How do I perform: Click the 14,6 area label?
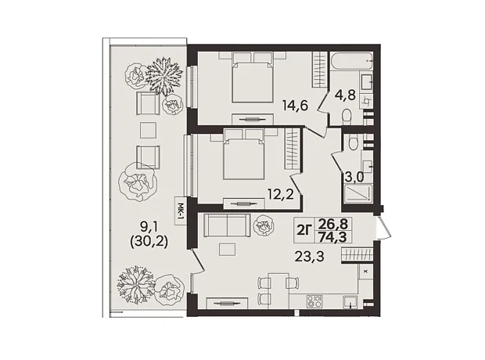click(x=295, y=106)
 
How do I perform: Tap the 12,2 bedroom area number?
click(x=281, y=195)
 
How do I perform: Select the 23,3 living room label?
click(x=309, y=256)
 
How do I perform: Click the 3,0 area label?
click(x=354, y=178)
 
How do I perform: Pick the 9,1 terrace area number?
click(x=149, y=228)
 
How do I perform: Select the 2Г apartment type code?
click(x=304, y=230)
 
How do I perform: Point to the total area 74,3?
click(x=332, y=237)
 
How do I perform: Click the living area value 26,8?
click(x=332, y=224)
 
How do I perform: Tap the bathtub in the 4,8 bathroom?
click(x=351, y=62)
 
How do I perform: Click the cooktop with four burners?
click(x=315, y=302)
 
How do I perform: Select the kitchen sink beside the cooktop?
click(x=350, y=302)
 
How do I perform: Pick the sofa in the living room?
click(x=227, y=225)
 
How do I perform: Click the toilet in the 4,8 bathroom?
click(x=347, y=117)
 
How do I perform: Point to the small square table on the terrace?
click(x=148, y=130)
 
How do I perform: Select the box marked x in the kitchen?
click(x=365, y=272)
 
